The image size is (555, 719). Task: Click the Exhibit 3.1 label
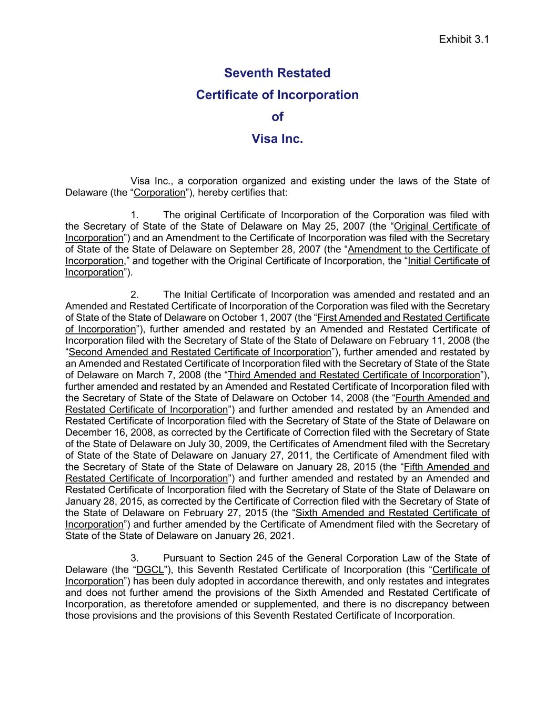tap(464, 40)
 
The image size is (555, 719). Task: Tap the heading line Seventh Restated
tap(277, 73)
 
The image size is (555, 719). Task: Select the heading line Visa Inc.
tap(277, 139)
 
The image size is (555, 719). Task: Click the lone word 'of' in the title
tap(277, 117)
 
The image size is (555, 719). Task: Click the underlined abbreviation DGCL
tap(150, 570)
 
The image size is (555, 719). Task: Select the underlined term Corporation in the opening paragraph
tap(159, 193)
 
